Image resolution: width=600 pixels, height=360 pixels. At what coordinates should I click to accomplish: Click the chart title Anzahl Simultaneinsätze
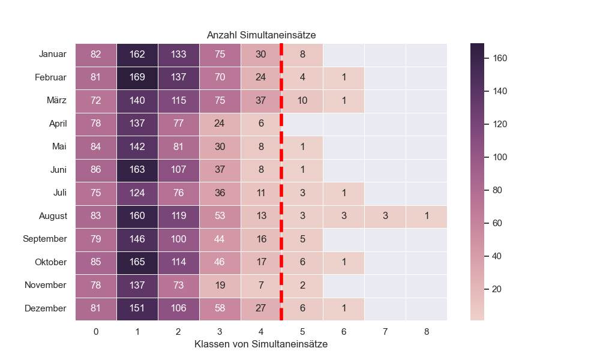click(261, 35)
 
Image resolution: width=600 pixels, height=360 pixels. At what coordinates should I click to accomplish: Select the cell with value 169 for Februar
click(137, 77)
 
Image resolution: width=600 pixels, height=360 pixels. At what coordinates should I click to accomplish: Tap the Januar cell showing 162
click(137, 55)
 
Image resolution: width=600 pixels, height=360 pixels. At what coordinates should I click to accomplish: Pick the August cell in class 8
click(427, 216)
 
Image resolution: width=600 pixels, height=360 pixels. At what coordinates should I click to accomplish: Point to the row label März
click(56, 101)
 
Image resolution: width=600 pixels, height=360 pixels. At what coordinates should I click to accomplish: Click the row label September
click(45, 239)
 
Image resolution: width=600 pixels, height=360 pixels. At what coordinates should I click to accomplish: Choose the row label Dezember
click(46, 308)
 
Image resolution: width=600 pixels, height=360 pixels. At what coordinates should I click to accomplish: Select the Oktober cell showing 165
click(137, 262)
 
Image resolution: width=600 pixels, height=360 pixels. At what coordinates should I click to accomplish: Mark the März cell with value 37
click(261, 101)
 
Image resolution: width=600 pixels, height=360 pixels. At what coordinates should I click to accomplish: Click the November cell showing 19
click(220, 285)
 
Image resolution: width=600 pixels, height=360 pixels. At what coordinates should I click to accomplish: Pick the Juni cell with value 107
click(179, 170)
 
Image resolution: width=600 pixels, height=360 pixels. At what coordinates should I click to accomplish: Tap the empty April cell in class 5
click(302, 124)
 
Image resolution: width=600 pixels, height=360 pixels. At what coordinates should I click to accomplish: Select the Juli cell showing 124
click(137, 193)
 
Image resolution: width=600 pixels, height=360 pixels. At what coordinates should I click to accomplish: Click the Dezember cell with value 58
click(220, 308)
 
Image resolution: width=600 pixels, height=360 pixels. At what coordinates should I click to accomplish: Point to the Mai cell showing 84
click(96, 146)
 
